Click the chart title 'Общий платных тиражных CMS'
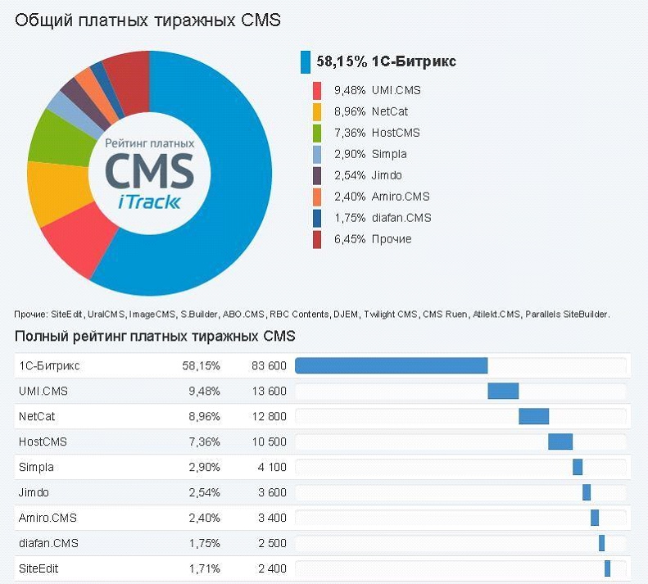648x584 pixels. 147,20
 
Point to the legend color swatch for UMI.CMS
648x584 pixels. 317,90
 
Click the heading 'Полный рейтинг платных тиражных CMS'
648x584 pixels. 155,337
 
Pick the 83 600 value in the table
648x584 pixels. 268,366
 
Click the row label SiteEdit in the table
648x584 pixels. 39,568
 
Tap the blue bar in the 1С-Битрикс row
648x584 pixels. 391,366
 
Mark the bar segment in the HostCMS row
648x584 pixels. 560,442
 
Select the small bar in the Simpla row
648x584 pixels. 578,467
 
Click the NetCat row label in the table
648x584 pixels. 37,417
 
